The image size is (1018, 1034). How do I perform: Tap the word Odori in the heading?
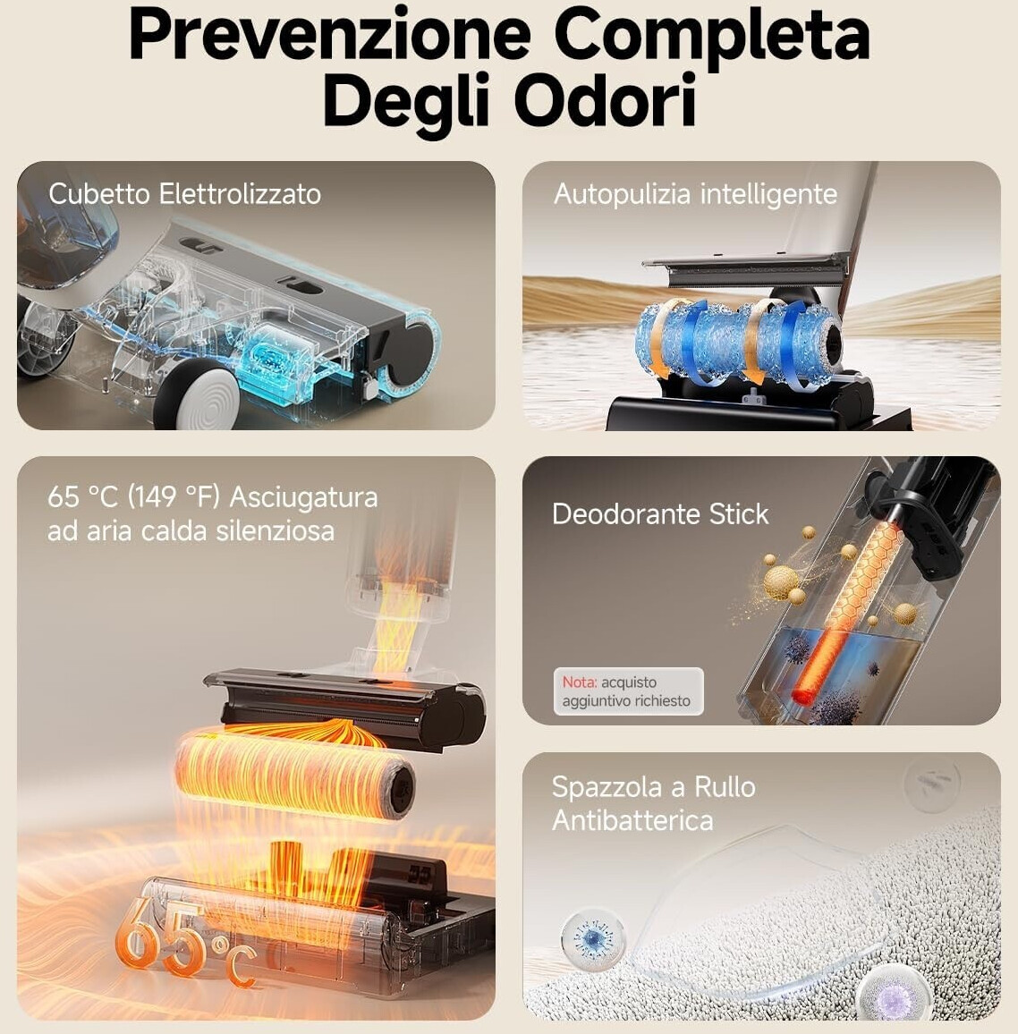[605, 99]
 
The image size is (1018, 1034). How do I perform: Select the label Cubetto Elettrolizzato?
[184, 194]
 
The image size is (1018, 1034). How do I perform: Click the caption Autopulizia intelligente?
[696, 194]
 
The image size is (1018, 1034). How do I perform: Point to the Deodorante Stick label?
[660, 513]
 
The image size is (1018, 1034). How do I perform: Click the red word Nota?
[579, 682]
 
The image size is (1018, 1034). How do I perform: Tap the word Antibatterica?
[633, 820]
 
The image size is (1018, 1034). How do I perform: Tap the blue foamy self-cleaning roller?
[738, 341]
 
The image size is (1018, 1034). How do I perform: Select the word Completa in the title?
[712, 37]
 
